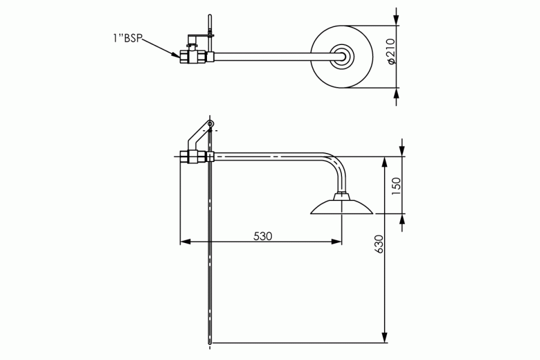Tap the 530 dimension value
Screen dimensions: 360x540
262,236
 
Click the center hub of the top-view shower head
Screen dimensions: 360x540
344,56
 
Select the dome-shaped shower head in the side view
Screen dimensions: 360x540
341,206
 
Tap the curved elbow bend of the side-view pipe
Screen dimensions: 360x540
337,165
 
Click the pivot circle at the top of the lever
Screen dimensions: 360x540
211,125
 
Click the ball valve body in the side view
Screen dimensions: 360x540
193,158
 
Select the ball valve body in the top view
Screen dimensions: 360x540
193,57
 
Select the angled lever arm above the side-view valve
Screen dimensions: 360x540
199,137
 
